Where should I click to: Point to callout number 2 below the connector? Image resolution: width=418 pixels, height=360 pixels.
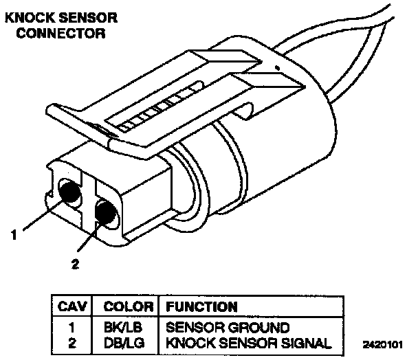pos(76,262)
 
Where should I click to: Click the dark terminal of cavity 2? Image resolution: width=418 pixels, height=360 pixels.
pos(104,214)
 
